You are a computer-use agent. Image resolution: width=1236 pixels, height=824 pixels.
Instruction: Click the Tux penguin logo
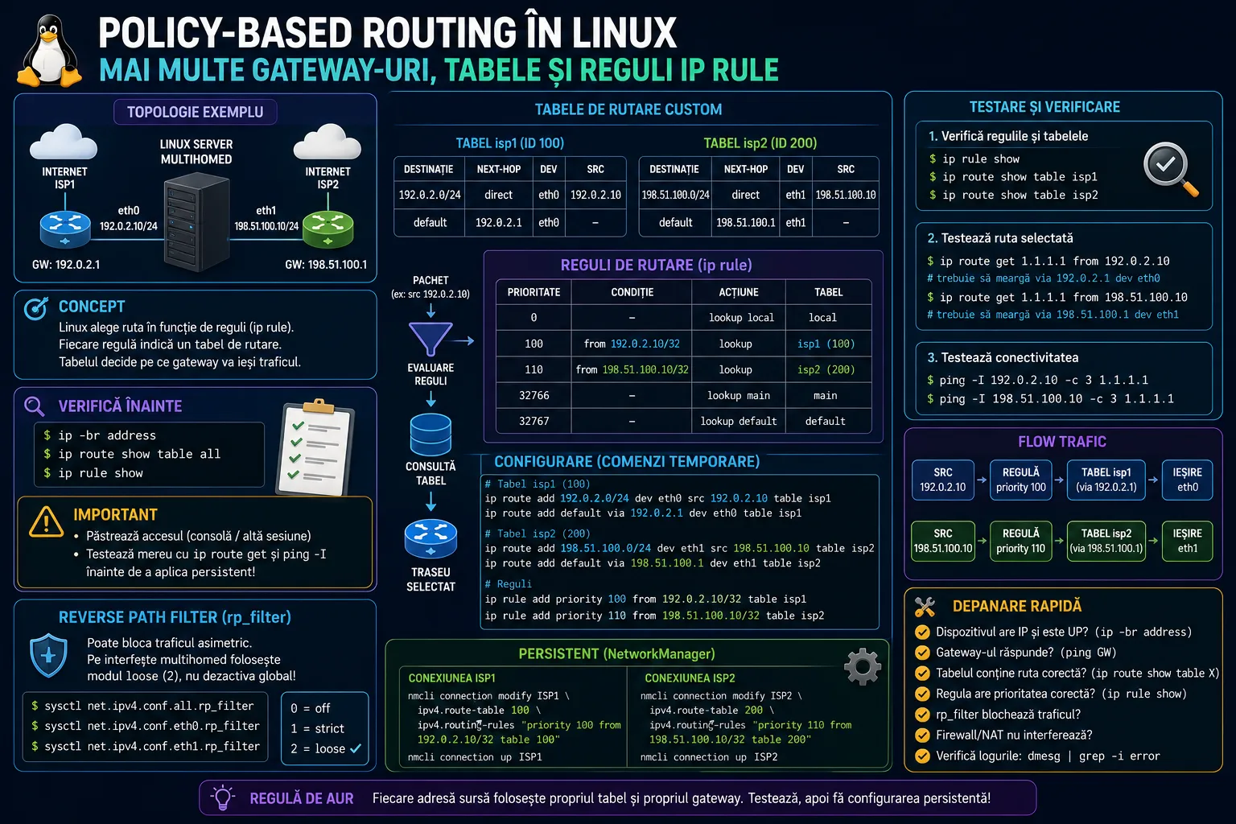pyautogui.click(x=49, y=51)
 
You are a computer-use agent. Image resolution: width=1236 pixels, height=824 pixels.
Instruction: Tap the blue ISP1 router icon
pyautogui.click(x=65, y=229)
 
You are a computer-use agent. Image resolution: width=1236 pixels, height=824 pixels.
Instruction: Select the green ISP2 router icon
pyautogui.click(x=328, y=229)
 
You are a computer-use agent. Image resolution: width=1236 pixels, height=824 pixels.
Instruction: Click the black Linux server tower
pyautogui.click(x=196, y=222)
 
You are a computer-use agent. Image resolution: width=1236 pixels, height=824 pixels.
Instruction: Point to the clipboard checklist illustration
pyautogui.click(x=315, y=447)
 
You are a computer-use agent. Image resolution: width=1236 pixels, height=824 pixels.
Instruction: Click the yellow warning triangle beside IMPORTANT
pyautogui.click(x=47, y=521)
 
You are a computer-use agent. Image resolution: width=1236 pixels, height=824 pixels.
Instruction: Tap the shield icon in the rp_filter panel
pyautogui.click(x=48, y=655)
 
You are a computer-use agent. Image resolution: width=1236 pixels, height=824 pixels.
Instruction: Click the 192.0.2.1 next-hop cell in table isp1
pyautogui.click(x=498, y=222)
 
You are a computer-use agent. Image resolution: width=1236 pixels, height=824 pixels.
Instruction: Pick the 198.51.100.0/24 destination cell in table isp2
pyautogui.click(x=675, y=195)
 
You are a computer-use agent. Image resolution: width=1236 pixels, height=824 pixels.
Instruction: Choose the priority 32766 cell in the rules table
pyautogui.click(x=534, y=395)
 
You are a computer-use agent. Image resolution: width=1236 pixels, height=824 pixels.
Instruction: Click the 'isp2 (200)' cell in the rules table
pyautogui.click(x=826, y=369)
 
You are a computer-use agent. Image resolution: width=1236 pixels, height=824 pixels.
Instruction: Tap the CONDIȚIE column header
pyautogui.click(x=632, y=292)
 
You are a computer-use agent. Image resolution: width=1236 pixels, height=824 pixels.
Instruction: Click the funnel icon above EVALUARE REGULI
pyautogui.click(x=431, y=339)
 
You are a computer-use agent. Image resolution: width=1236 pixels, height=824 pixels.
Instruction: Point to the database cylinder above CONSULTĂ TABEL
pyautogui.click(x=431, y=435)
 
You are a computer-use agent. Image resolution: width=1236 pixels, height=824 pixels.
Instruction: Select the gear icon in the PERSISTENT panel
pyautogui.click(x=863, y=667)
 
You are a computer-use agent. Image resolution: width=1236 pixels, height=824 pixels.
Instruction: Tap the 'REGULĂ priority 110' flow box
pyautogui.click(x=1020, y=541)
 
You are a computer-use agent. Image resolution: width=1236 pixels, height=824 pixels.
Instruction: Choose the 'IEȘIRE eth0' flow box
pyautogui.click(x=1187, y=480)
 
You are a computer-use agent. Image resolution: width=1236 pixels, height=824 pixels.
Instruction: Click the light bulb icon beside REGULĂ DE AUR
pyautogui.click(x=222, y=797)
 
